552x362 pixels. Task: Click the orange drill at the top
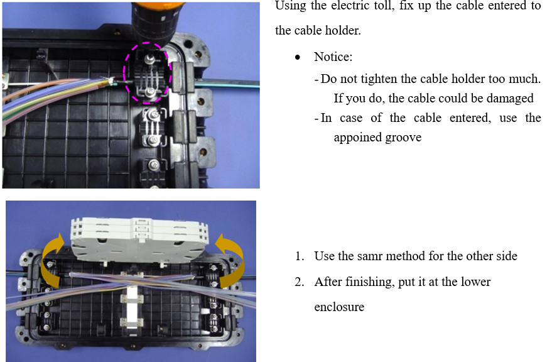click(x=158, y=21)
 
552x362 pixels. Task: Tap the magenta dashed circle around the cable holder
click(x=124, y=72)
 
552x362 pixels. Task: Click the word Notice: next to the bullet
click(x=333, y=57)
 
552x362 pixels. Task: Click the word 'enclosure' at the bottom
click(x=339, y=307)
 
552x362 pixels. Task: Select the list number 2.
click(x=299, y=282)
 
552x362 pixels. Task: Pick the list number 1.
click(x=299, y=256)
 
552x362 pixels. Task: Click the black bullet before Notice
click(x=298, y=57)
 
